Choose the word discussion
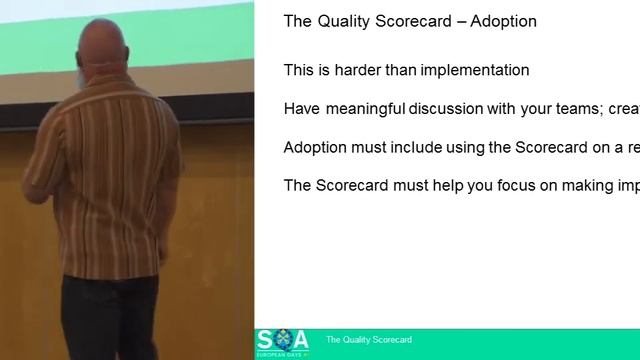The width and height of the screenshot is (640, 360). point(442,109)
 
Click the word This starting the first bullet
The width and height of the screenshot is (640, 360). point(299,71)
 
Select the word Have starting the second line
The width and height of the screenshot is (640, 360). point(301,109)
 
